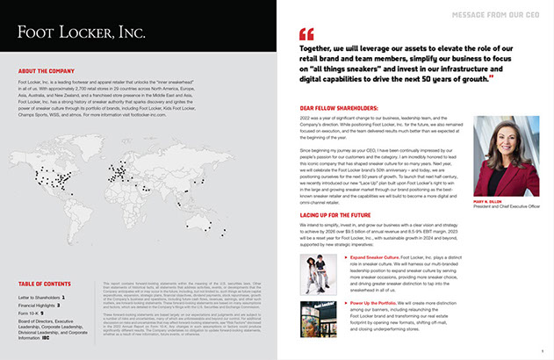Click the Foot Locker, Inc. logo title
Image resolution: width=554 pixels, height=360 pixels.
point(81,32)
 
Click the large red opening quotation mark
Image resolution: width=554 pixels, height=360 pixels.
point(306,36)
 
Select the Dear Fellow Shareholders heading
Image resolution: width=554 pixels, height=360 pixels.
point(339,110)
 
